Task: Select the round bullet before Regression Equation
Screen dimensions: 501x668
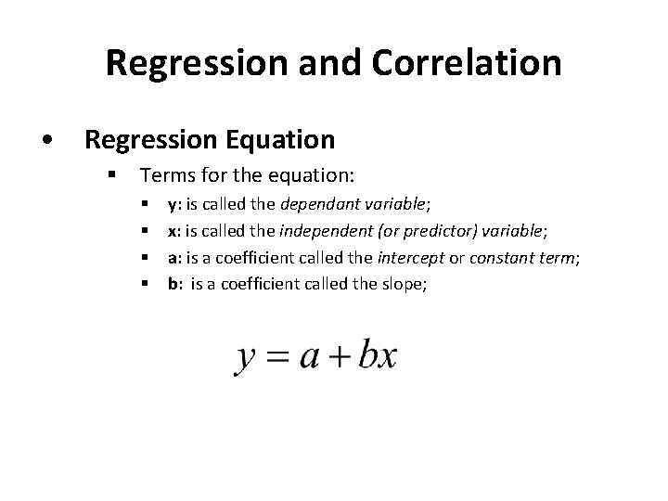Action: click(x=46, y=140)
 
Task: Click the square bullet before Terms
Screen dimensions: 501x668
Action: click(x=110, y=173)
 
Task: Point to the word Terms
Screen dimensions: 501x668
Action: click(x=165, y=173)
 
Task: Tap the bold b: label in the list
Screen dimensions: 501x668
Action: click(x=173, y=284)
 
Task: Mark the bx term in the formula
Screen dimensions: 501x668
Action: click(x=379, y=355)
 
